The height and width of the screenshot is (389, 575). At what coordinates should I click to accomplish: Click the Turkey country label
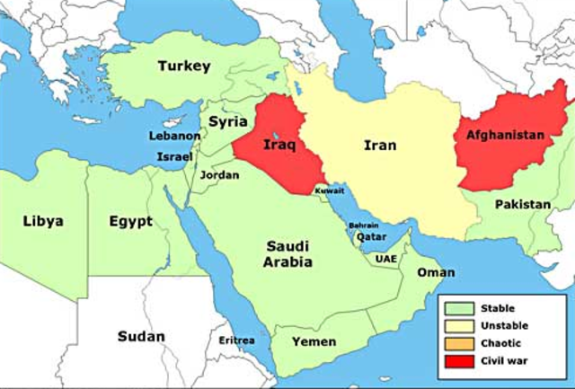pos(184,66)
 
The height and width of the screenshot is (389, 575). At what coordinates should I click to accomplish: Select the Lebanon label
pos(175,136)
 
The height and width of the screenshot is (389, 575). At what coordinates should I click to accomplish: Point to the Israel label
pos(174,156)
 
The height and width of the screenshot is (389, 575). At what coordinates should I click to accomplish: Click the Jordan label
pos(220,175)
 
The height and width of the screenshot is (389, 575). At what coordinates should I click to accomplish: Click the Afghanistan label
pos(505,135)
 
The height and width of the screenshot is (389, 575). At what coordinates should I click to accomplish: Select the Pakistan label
pos(524,205)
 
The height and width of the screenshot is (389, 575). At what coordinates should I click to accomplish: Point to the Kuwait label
pos(327,190)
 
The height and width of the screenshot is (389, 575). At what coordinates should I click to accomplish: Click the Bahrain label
pos(363,225)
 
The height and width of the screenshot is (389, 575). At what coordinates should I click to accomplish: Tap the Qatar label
pos(371,238)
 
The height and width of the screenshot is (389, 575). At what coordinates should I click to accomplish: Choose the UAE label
pos(385,258)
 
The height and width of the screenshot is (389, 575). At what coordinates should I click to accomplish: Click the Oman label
pos(437,272)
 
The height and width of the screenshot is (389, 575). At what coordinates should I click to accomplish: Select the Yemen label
pos(314,341)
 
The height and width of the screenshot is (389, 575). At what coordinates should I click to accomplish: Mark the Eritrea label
pos(236,340)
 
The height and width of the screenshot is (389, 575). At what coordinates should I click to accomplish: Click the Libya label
pos(43,221)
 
